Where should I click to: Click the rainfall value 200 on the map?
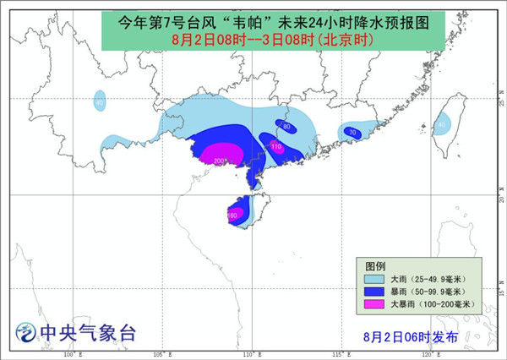[x=220, y=161]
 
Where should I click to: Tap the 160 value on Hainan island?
[x=232, y=215]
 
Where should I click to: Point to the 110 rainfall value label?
[x=275, y=146]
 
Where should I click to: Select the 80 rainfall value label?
[x=286, y=127]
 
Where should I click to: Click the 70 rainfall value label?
[x=352, y=133]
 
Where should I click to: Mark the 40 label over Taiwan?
[x=441, y=125]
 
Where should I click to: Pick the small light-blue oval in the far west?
[x=100, y=102]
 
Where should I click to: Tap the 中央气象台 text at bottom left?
[x=89, y=333]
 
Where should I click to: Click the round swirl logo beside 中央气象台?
[x=28, y=334]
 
